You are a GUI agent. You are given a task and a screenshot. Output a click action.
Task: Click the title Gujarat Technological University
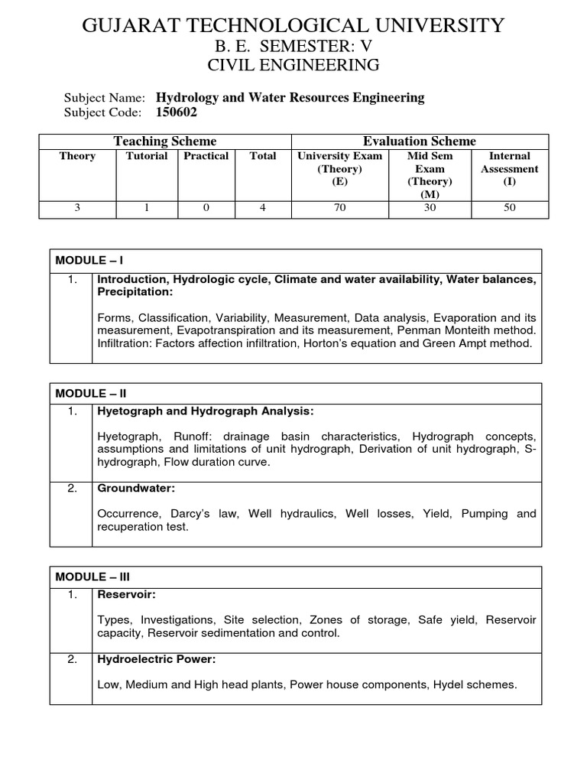(293, 25)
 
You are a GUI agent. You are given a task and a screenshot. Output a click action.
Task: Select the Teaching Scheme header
(165, 141)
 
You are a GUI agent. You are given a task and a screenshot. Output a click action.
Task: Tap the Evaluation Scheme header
(420, 141)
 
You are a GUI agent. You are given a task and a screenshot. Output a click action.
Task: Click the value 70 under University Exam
(340, 207)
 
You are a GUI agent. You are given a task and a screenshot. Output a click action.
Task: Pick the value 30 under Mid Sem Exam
(430, 207)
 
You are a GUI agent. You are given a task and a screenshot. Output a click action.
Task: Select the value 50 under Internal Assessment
(510, 207)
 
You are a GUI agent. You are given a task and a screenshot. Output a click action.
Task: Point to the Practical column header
(206, 156)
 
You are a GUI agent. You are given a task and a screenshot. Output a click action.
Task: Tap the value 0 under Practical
(206, 207)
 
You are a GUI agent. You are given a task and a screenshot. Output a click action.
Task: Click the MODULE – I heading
(89, 261)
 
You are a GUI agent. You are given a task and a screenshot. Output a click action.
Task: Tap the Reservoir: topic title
(125, 595)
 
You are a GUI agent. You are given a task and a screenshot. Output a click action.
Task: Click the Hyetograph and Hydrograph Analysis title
(206, 411)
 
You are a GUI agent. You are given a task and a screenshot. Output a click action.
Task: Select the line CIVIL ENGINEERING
(293, 66)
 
